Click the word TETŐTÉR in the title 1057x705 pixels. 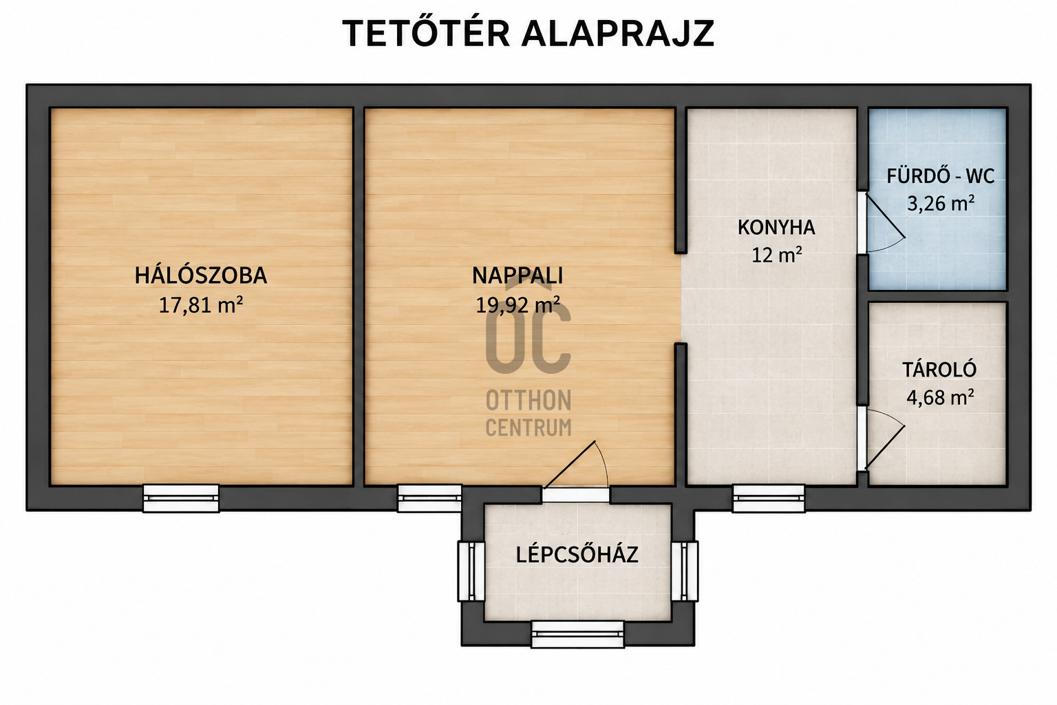coord(426,34)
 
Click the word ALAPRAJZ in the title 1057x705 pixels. coord(618,34)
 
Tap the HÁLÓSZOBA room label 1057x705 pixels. coord(201,276)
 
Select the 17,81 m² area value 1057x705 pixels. coord(201,305)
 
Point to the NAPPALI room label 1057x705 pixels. coord(517,276)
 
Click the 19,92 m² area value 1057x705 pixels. coord(517,305)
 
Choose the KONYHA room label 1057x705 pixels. coord(776,228)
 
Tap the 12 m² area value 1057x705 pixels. coord(777,255)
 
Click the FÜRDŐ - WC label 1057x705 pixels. coord(940,176)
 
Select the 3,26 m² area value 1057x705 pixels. coord(941,204)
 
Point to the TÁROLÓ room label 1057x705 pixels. coord(939,370)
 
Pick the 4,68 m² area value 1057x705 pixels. coord(940,398)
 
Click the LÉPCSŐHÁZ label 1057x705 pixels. coord(577,556)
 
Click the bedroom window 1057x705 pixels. coord(181,498)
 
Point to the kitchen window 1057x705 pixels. coord(769,498)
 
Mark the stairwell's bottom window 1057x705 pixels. coord(578,634)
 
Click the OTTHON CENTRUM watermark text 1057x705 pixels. coord(528,414)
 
